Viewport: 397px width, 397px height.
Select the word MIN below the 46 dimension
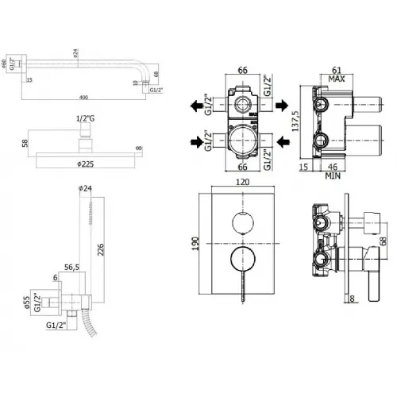[334, 176]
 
